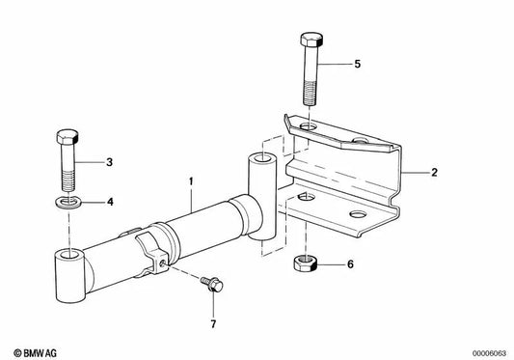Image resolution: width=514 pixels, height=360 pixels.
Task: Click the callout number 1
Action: pyautogui.click(x=191, y=180)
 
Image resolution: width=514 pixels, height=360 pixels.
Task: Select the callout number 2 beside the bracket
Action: pyautogui.click(x=434, y=173)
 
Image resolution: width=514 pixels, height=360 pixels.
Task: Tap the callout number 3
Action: pyautogui.click(x=109, y=162)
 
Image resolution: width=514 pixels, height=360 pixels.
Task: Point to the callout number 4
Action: pyautogui.click(x=109, y=203)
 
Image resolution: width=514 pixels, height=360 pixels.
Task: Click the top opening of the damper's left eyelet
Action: pyautogui.click(x=68, y=256)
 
